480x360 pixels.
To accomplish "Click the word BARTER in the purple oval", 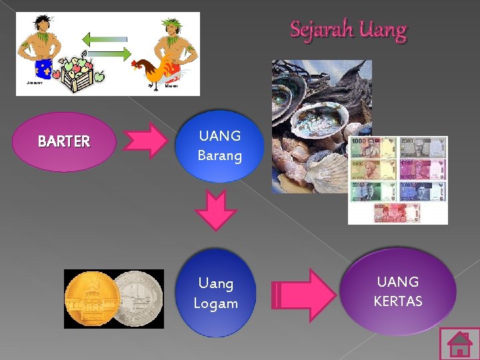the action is [64, 141].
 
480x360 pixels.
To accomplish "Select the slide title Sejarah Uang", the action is [348, 30].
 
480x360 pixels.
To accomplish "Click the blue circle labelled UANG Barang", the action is [219, 146].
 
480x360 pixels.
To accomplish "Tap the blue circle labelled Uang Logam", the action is [215, 293].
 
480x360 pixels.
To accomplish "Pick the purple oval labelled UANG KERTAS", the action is [398, 291].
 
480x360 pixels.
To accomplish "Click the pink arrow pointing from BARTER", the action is [147, 141].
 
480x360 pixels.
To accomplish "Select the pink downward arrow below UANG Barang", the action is [216, 209].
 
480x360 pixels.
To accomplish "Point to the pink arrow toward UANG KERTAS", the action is [305, 293].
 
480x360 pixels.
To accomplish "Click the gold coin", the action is [91, 299].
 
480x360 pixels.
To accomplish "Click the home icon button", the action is [459, 344].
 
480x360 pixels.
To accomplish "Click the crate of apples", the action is [79, 75].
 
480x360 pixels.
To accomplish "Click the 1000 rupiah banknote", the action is [373, 147].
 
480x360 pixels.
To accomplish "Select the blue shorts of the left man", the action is [44, 67].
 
